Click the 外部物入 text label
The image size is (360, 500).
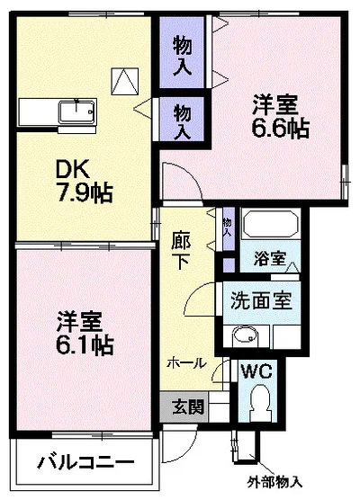(x=274, y=482)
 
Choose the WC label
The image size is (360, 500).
(x=256, y=371)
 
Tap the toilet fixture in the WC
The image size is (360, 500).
(x=261, y=400)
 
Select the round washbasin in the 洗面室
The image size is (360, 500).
(x=243, y=337)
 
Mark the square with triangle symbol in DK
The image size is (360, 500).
(x=123, y=80)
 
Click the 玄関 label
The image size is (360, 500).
(x=188, y=406)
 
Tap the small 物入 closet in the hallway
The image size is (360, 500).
(x=226, y=227)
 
